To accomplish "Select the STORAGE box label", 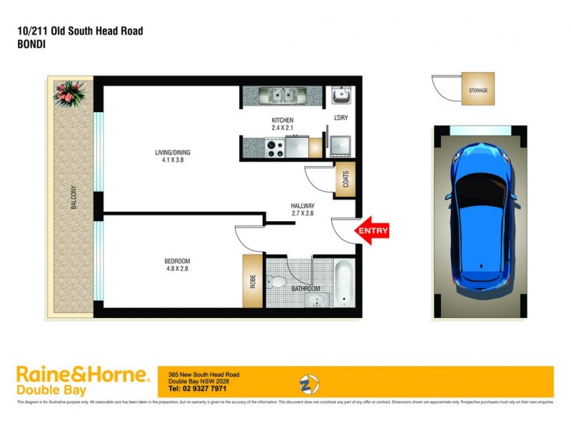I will (477, 91).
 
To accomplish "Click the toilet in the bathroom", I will (276, 281).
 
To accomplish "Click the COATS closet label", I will (345, 180).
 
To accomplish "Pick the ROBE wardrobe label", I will (253, 281).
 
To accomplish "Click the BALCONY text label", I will (74, 195).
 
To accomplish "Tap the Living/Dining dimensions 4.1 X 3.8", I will (173, 160).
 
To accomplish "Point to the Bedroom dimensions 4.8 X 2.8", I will (177, 270).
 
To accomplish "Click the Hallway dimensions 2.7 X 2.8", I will (303, 213).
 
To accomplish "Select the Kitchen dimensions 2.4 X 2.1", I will (283, 128).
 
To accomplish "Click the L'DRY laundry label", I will (340, 118).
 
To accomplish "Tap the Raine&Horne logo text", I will (82, 374).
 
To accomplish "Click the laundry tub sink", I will (340, 94).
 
